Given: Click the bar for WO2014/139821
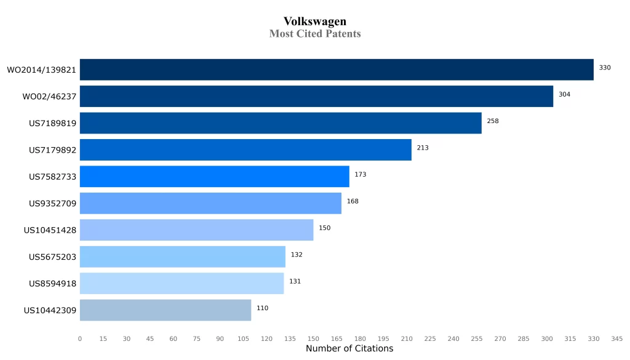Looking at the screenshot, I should (337, 70).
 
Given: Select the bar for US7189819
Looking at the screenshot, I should (281, 123).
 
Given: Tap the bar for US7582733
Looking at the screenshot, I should (214, 177).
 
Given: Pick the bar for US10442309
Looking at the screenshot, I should (165, 310).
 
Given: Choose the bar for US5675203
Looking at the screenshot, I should (183, 257).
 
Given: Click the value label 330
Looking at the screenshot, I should (605, 68).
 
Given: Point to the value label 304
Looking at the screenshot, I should (564, 94).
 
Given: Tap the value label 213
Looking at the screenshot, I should (423, 148).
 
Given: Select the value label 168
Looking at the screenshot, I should (353, 201).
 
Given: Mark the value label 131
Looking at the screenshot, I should (295, 281).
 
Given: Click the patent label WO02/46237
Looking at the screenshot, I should (49, 97).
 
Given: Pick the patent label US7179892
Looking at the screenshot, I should (52, 150).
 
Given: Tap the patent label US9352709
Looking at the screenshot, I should (52, 204).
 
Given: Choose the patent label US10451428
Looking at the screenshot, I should (50, 230).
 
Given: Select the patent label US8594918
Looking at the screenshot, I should (52, 284).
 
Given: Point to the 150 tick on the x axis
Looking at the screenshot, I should (313, 338).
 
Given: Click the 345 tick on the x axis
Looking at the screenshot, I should (617, 338).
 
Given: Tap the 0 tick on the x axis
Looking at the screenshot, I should (80, 338).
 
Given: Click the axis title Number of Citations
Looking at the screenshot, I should (349, 349).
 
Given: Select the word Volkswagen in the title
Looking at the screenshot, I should (315, 22).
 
